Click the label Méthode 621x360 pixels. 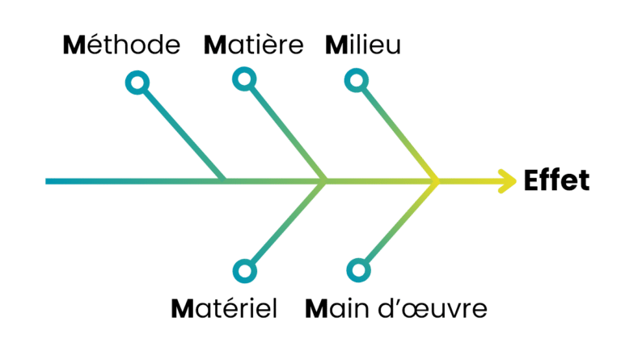pos(121,44)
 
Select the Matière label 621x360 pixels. pos(254,44)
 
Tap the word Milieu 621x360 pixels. pos(363,44)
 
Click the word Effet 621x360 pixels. pos(557,180)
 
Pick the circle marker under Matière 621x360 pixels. pos(243,78)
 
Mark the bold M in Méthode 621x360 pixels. pos(74,44)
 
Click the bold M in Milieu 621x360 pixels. pos(335,44)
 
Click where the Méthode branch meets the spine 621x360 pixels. pos(225,180)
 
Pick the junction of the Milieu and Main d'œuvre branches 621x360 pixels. pos(437,180)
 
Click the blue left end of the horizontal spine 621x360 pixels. pos(49,180)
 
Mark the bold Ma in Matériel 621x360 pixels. pos(188,309)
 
